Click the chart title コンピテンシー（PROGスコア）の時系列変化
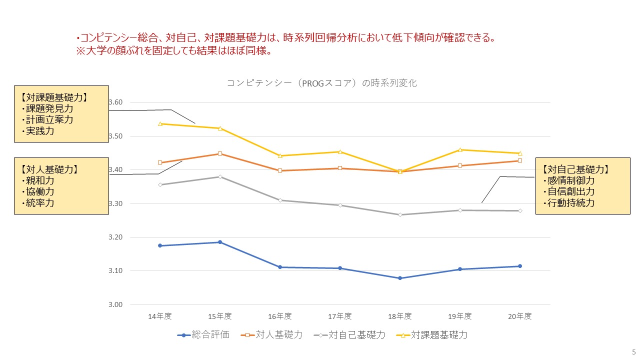(x=321, y=83)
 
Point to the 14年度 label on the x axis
(x=160, y=316)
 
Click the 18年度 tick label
(x=400, y=316)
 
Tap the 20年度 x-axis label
(x=520, y=316)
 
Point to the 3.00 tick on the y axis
(x=115, y=304)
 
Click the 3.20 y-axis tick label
(x=115, y=237)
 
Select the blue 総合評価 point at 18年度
(x=400, y=278)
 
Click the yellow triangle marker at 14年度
(x=160, y=123)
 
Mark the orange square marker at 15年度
(x=220, y=153)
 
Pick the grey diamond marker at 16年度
(x=280, y=200)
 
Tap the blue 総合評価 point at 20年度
(x=520, y=266)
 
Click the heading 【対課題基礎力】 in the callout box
(x=54, y=97)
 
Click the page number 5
(x=633, y=351)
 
